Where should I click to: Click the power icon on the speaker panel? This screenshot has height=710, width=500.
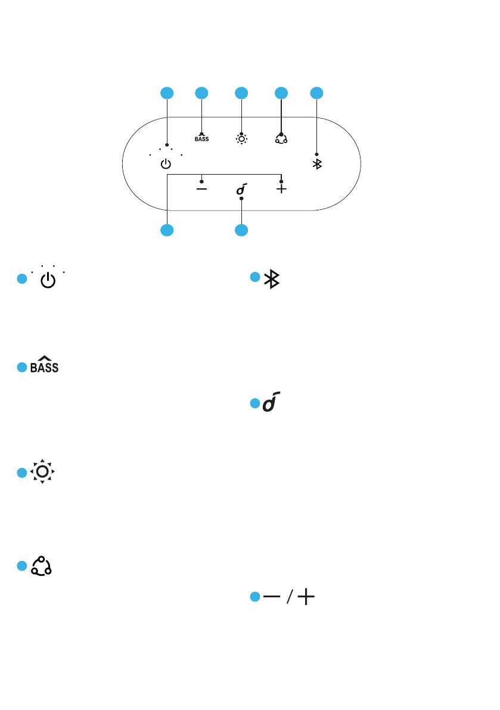click(166, 164)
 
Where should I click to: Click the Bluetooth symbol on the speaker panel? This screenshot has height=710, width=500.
click(317, 164)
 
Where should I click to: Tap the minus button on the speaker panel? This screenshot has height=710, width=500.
click(202, 188)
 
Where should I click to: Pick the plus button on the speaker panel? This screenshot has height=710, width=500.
click(281, 188)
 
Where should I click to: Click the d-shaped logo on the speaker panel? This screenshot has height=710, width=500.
click(241, 190)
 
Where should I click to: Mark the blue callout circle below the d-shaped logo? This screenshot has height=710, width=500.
click(241, 230)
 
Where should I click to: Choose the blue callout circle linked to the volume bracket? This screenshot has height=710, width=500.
click(167, 230)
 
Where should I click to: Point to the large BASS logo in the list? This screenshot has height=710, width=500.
click(45, 365)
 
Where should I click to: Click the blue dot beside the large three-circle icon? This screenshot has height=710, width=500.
click(22, 566)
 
